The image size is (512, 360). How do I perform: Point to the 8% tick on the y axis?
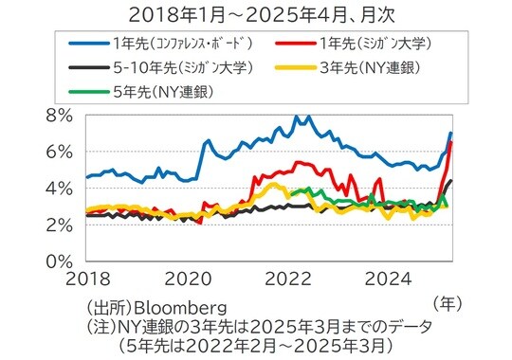60,116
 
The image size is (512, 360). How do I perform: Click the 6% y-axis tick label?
60,152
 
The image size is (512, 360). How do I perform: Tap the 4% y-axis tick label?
60,188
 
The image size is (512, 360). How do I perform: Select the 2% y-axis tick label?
60,224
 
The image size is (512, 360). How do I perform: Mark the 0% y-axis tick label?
60,260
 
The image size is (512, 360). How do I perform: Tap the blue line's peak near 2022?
297,117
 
